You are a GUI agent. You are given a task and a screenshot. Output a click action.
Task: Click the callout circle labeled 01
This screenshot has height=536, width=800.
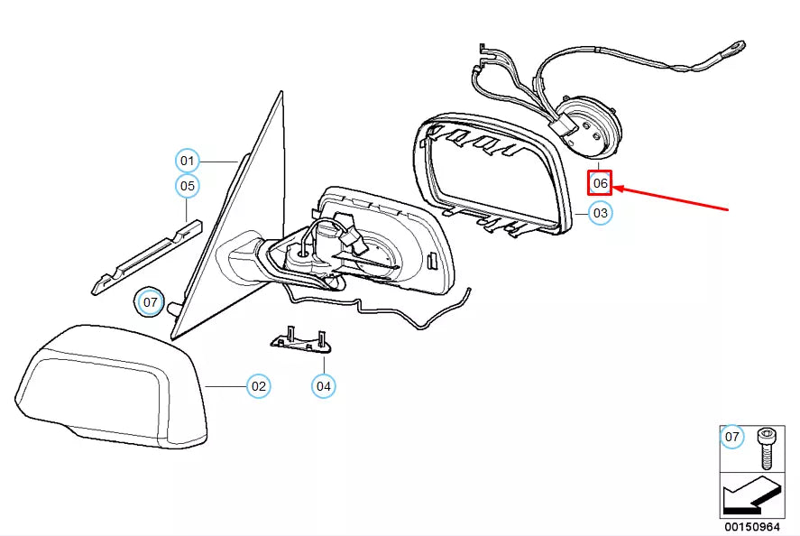tap(187, 162)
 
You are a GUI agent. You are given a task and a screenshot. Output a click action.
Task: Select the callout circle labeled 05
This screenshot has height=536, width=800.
tap(187, 187)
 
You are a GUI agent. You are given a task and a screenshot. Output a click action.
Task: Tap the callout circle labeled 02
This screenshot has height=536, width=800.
tap(258, 386)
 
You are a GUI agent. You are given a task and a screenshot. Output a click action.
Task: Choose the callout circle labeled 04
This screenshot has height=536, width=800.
tap(324, 386)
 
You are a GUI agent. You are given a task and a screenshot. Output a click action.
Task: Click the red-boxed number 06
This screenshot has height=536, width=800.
tap(601, 184)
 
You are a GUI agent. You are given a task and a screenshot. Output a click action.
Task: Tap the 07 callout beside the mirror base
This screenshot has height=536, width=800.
tap(149, 301)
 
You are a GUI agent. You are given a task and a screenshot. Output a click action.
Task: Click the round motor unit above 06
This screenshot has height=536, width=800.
tap(587, 127)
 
